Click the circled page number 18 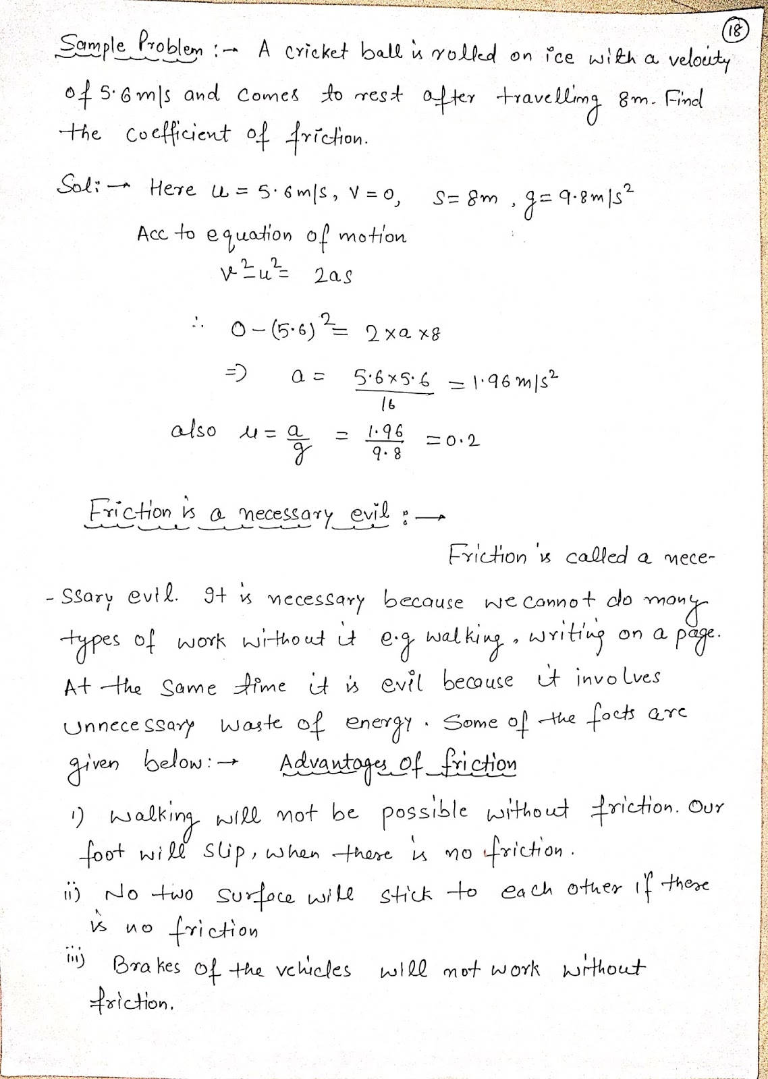pos(736,30)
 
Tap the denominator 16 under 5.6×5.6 pos(388,405)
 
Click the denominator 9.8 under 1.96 pos(385,455)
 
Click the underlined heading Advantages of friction pos(398,765)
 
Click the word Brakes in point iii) pos(146,968)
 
